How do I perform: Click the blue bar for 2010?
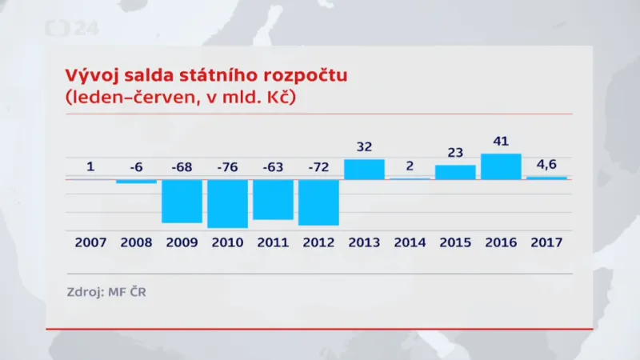tap(227, 203)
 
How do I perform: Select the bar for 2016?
tap(502, 166)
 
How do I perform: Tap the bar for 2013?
tap(364, 169)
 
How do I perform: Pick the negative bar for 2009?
tap(182, 201)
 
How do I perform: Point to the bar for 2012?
tap(318, 202)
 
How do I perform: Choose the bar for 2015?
tap(455, 172)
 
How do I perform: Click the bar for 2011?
tap(273, 199)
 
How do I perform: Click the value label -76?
tap(227, 167)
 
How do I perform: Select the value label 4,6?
tap(546, 165)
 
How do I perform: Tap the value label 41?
tap(501, 142)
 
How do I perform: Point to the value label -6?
tap(136, 167)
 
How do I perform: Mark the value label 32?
tap(364, 146)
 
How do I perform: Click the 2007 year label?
tap(90, 242)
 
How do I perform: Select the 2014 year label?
tap(410, 242)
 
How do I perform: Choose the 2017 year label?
tap(546, 242)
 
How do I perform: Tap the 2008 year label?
tap(136, 242)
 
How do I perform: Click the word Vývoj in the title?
tap(87, 78)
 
